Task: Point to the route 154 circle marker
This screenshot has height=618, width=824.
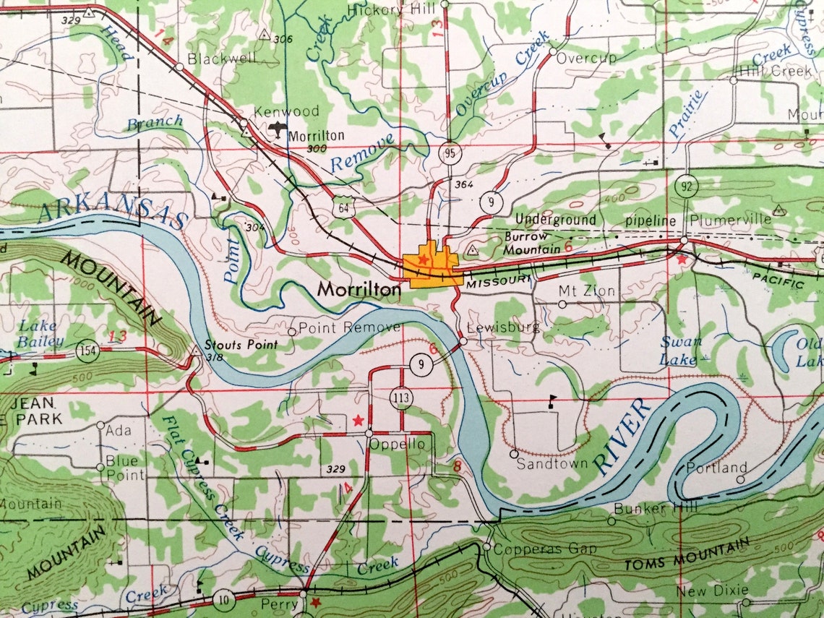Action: pyautogui.click(x=87, y=351)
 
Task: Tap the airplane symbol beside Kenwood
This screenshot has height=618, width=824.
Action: pyautogui.click(x=277, y=130)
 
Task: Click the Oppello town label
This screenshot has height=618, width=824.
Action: pyautogui.click(x=397, y=445)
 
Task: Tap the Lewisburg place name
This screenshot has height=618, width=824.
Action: pyautogui.click(x=503, y=327)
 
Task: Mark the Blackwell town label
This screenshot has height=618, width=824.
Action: pyautogui.click(x=221, y=58)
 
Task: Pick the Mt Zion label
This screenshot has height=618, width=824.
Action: pyautogui.click(x=587, y=291)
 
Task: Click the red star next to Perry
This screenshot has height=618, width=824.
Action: pyautogui.click(x=315, y=601)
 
